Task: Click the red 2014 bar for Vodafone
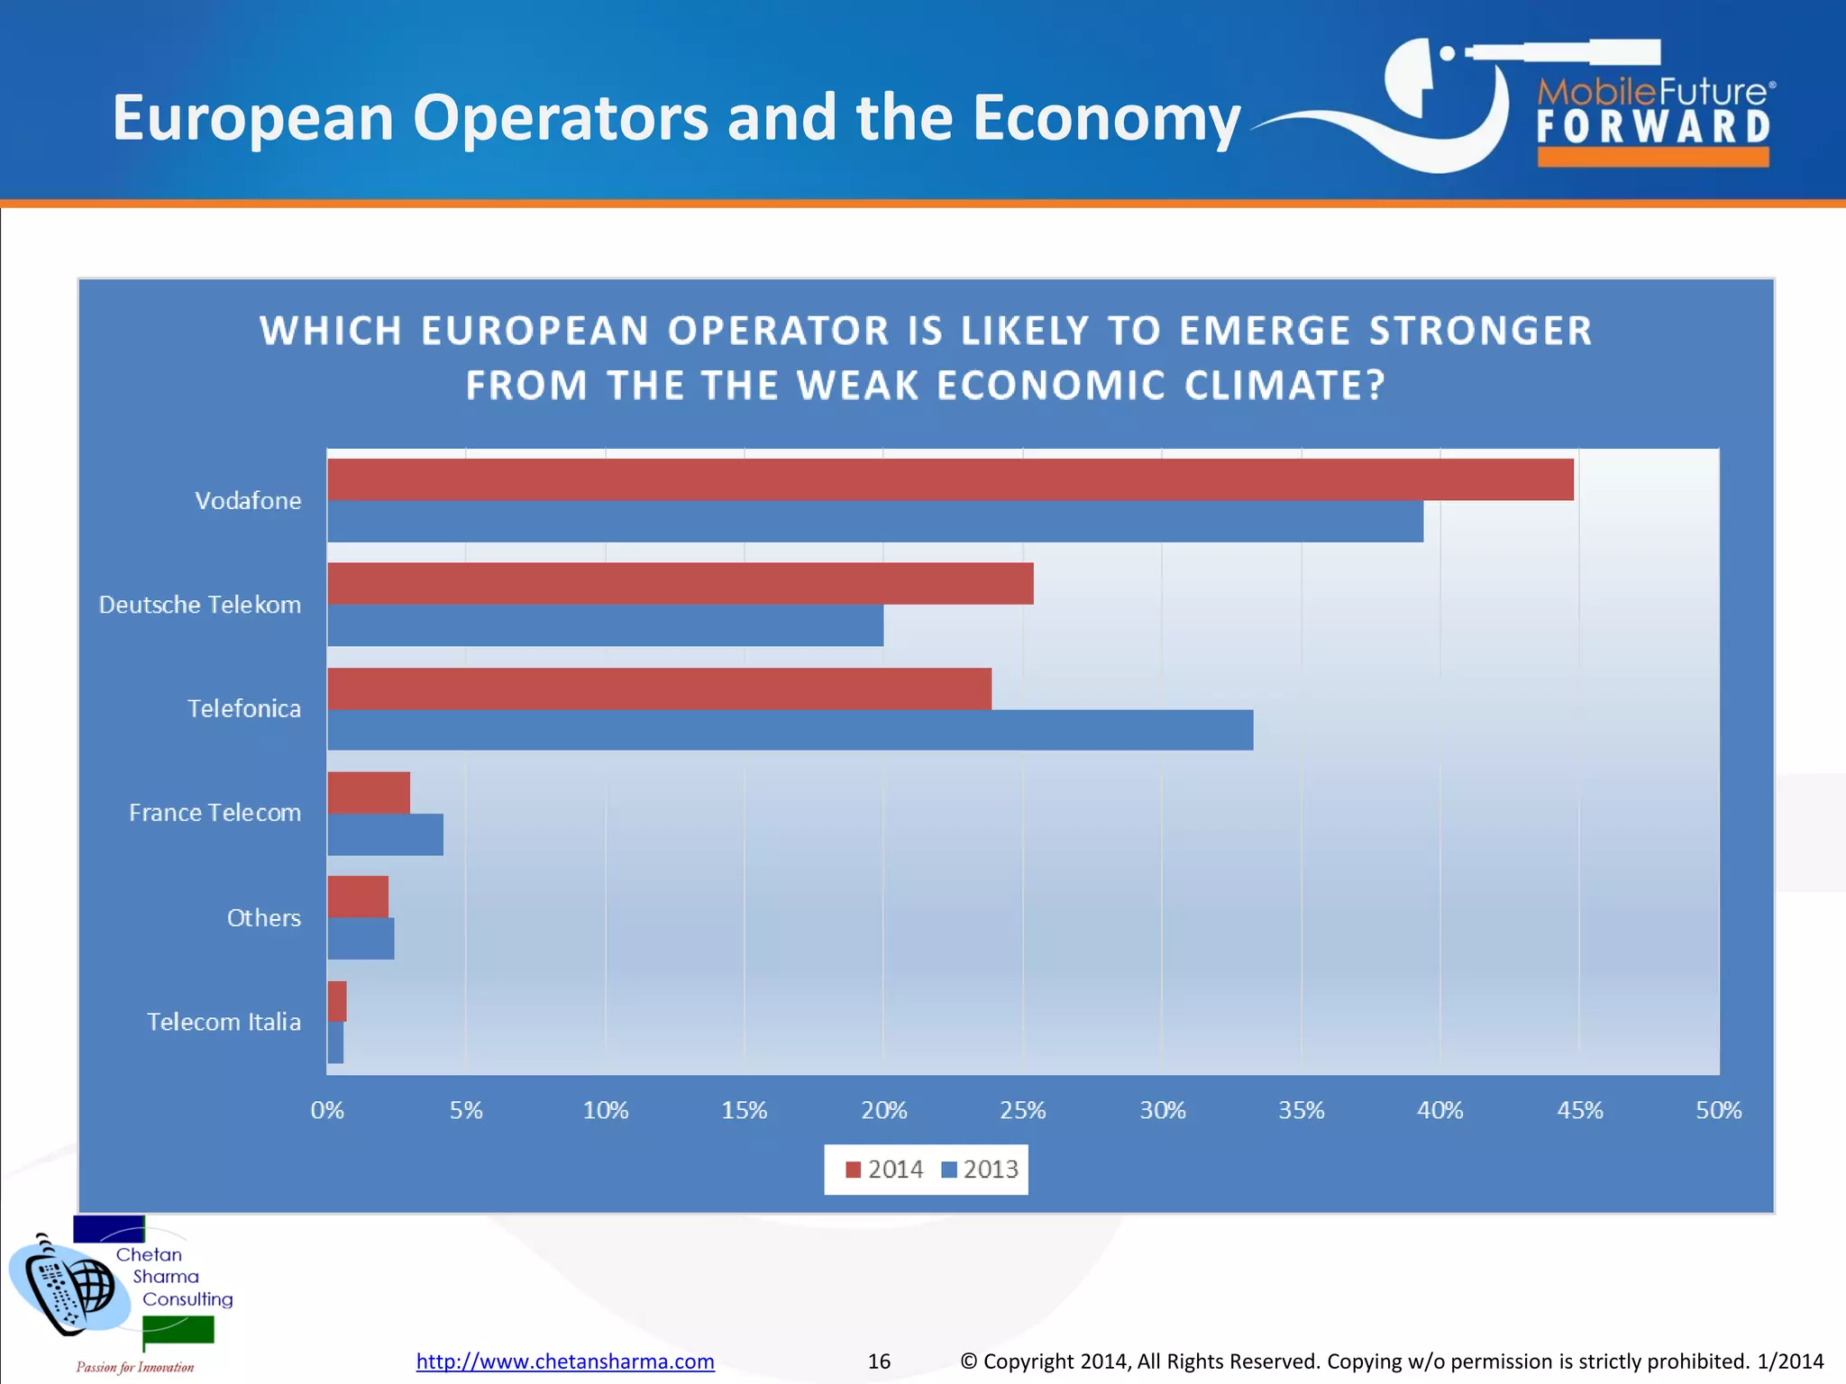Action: click(x=950, y=479)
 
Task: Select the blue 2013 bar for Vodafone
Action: click(x=874, y=522)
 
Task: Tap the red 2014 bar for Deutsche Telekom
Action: click(x=680, y=583)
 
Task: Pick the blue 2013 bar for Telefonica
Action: click(x=790, y=730)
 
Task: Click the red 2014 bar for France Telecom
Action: click(x=368, y=793)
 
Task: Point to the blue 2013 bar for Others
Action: click(x=361, y=938)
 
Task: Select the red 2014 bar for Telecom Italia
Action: click(x=337, y=1001)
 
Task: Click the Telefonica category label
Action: click(x=243, y=709)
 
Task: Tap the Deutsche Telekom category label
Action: click(x=199, y=605)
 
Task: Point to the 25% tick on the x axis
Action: click(x=1022, y=1110)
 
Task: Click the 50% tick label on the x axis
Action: click(x=1718, y=1110)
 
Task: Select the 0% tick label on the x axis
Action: click(x=327, y=1110)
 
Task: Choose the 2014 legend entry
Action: click(x=885, y=1170)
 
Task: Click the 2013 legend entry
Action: click(x=981, y=1170)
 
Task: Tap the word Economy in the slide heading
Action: click(x=1106, y=119)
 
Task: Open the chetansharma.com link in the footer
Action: click(x=565, y=1361)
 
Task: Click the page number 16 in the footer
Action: click(x=879, y=1361)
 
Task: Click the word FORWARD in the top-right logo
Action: click(x=1653, y=128)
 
